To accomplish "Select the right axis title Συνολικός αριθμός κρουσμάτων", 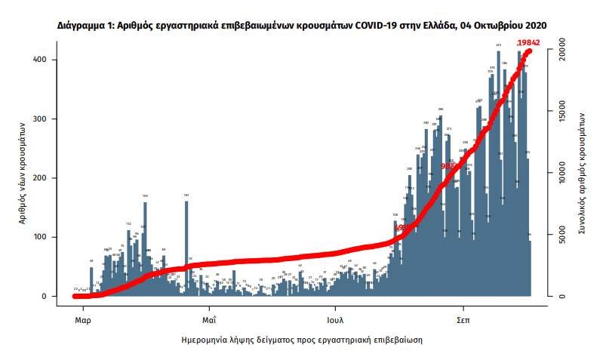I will coord(583,177).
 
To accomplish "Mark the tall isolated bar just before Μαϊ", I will coord(186,249).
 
